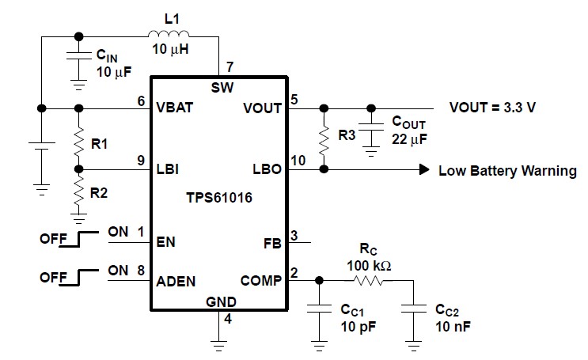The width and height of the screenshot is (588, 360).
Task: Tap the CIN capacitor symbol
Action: (x=78, y=58)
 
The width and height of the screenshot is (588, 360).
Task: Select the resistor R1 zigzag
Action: (x=78, y=144)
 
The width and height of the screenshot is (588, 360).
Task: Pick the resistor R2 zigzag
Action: (x=78, y=190)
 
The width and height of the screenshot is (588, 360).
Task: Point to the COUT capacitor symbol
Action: (x=369, y=127)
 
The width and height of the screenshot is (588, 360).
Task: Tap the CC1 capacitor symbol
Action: (x=319, y=309)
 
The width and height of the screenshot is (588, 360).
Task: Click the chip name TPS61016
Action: (x=218, y=198)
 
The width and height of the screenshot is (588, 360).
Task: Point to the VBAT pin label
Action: (x=174, y=109)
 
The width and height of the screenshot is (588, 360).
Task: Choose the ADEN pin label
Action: (x=176, y=280)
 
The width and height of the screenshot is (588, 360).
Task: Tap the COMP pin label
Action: (x=262, y=280)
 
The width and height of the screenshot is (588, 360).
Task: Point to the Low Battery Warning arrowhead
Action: (x=424, y=170)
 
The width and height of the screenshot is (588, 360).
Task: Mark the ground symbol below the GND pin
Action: (x=218, y=342)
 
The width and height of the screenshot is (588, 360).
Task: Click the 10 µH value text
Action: (x=169, y=50)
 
